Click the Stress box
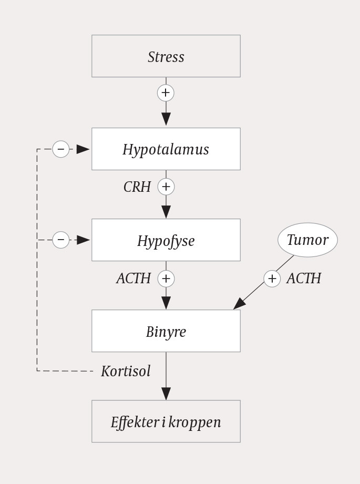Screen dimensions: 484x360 pyautogui.click(x=166, y=56)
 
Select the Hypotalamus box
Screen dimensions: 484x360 pyautogui.click(x=166, y=149)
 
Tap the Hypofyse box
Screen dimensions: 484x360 pyautogui.click(x=166, y=240)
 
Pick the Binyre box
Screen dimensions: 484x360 pyautogui.click(x=166, y=331)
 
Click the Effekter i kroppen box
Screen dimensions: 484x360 pyautogui.click(x=166, y=421)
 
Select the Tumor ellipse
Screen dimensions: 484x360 pyautogui.click(x=307, y=240)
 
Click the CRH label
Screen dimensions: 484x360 pyautogui.click(x=137, y=187)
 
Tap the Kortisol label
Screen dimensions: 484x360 pyautogui.click(x=126, y=371)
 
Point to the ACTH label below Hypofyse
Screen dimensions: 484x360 pyautogui.click(x=133, y=279)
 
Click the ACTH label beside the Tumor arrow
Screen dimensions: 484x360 pyautogui.click(x=304, y=279)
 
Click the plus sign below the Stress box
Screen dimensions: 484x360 pyautogui.click(x=166, y=93)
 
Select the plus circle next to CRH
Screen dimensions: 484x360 pyautogui.click(x=166, y=187)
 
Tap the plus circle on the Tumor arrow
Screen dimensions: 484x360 pyautogui.click(x=272, y=279)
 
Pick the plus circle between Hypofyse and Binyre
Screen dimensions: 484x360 pyautogui.click(x=166, y=279)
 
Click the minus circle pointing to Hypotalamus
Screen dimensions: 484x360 pyautogui.click(x=61, y=149)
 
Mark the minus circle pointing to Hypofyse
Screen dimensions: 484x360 pyautogui.click(x=61, y=240)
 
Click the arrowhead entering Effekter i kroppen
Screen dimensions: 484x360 pyautogui.click(x=166, y=394)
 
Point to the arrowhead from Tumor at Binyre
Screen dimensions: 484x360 pyautogui.click(x=240, y=304)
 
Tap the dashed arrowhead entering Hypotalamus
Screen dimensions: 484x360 pyautogui.click(x=83, y=149)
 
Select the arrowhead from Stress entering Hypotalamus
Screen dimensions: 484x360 pyautogui.click(x=166, y=119)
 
